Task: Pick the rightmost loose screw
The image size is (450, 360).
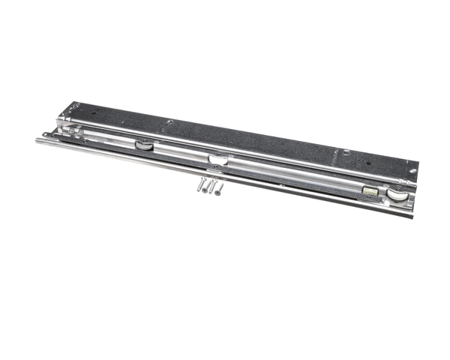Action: [218, 190]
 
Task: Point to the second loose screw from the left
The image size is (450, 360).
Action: [206, 187]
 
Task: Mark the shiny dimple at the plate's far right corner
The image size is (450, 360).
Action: [411, 170]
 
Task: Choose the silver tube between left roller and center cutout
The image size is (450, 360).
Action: [180, 152]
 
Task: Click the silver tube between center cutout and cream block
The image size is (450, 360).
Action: [292, 177]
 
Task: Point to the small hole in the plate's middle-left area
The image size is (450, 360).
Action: [170, 122]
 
